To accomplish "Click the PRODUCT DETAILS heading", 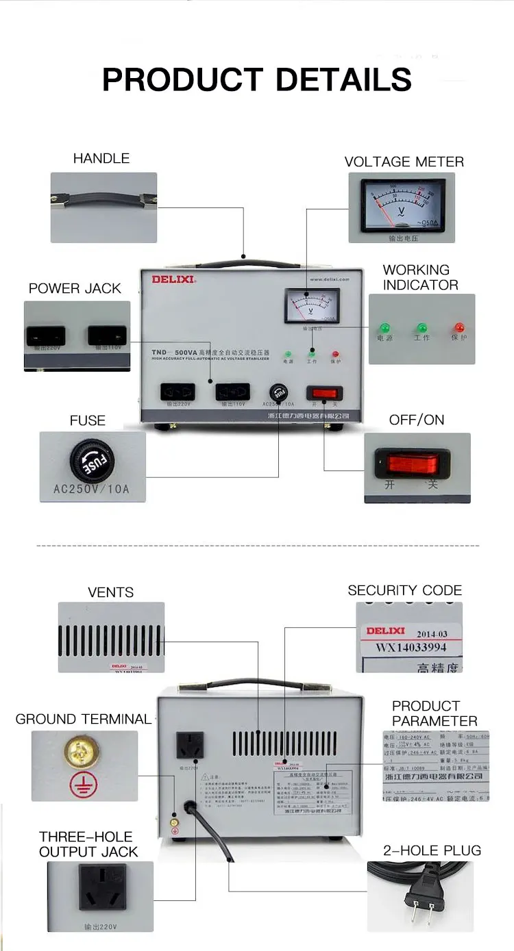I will click(x=257, y=79).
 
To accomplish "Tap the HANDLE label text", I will click(x=101, y=158).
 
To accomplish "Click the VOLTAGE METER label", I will click(x=404, y=162).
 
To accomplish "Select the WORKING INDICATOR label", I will click(x=416, y=277).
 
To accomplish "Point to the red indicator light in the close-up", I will click(x=458, y=328).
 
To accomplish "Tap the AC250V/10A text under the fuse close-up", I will click(x=91, y=490).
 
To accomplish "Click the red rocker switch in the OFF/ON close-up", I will click(x=413, y=464).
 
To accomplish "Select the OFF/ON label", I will click(x=417, y=420).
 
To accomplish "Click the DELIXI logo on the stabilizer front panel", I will click(x=174, y=279).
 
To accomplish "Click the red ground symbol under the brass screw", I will click(x=79, y=786).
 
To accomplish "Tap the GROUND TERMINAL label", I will click(x=83, y=719).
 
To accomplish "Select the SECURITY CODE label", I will click(x=404, y=590).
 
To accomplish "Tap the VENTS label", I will click(x=110, y=592).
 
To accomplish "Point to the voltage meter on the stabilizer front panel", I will click(x=310, y=305).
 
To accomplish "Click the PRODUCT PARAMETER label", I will click(x=435, y=713).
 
